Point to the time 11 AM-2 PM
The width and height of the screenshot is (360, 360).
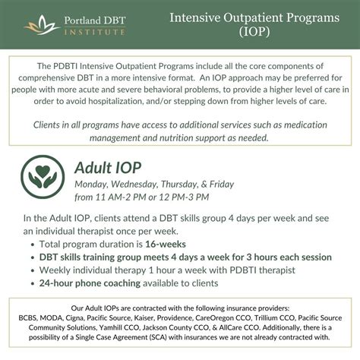[121, 197]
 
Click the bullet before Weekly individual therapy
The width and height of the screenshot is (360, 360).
[29, 270]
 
